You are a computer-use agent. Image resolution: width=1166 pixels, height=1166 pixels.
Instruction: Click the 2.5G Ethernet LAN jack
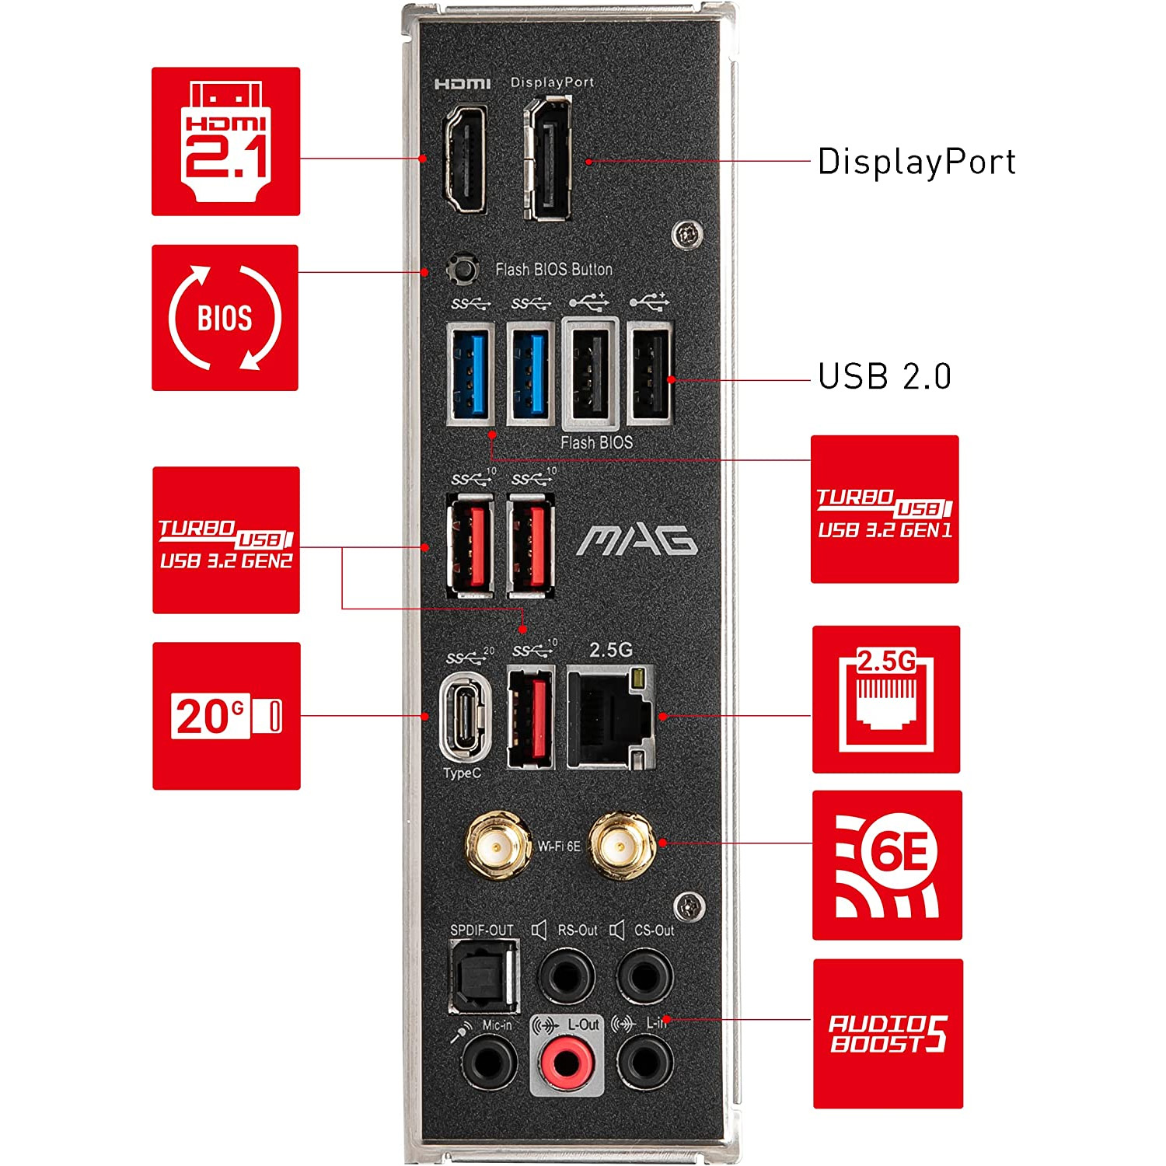[x=611, y=717]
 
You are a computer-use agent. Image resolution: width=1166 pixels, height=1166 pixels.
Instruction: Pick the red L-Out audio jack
[x=567, y=1063]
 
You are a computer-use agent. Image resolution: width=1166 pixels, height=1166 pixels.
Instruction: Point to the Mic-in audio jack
[x=489, y=1063]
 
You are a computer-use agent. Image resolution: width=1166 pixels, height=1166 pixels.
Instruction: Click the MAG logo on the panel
[x=637, y=541]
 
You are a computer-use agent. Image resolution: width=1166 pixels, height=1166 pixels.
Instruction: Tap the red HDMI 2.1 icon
[x=225, y=141]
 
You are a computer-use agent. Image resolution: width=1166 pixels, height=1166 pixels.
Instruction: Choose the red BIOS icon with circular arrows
[x=225, y=318]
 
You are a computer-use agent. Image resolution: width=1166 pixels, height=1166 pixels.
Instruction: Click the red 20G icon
[x=226, y=716]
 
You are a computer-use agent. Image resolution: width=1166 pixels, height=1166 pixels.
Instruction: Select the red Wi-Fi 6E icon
[x=887, y=865]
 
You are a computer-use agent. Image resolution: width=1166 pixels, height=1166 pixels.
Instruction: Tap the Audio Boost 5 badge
[x=888, y=1034]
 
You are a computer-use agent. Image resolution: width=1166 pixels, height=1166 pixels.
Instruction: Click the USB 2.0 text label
[x=885, y=377]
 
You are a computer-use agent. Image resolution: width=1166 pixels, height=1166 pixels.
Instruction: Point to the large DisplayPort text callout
[x=916, y=162]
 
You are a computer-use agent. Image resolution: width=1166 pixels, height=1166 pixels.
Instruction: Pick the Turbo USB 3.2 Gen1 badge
[x=885, y=509]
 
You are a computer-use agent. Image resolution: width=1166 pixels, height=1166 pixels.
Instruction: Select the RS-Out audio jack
[x=567, y=974]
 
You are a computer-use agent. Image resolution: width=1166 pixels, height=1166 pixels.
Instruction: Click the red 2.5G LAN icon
[x=886, y=700]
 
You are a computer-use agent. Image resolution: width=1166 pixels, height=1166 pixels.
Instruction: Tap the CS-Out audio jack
[x=644, y=974]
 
